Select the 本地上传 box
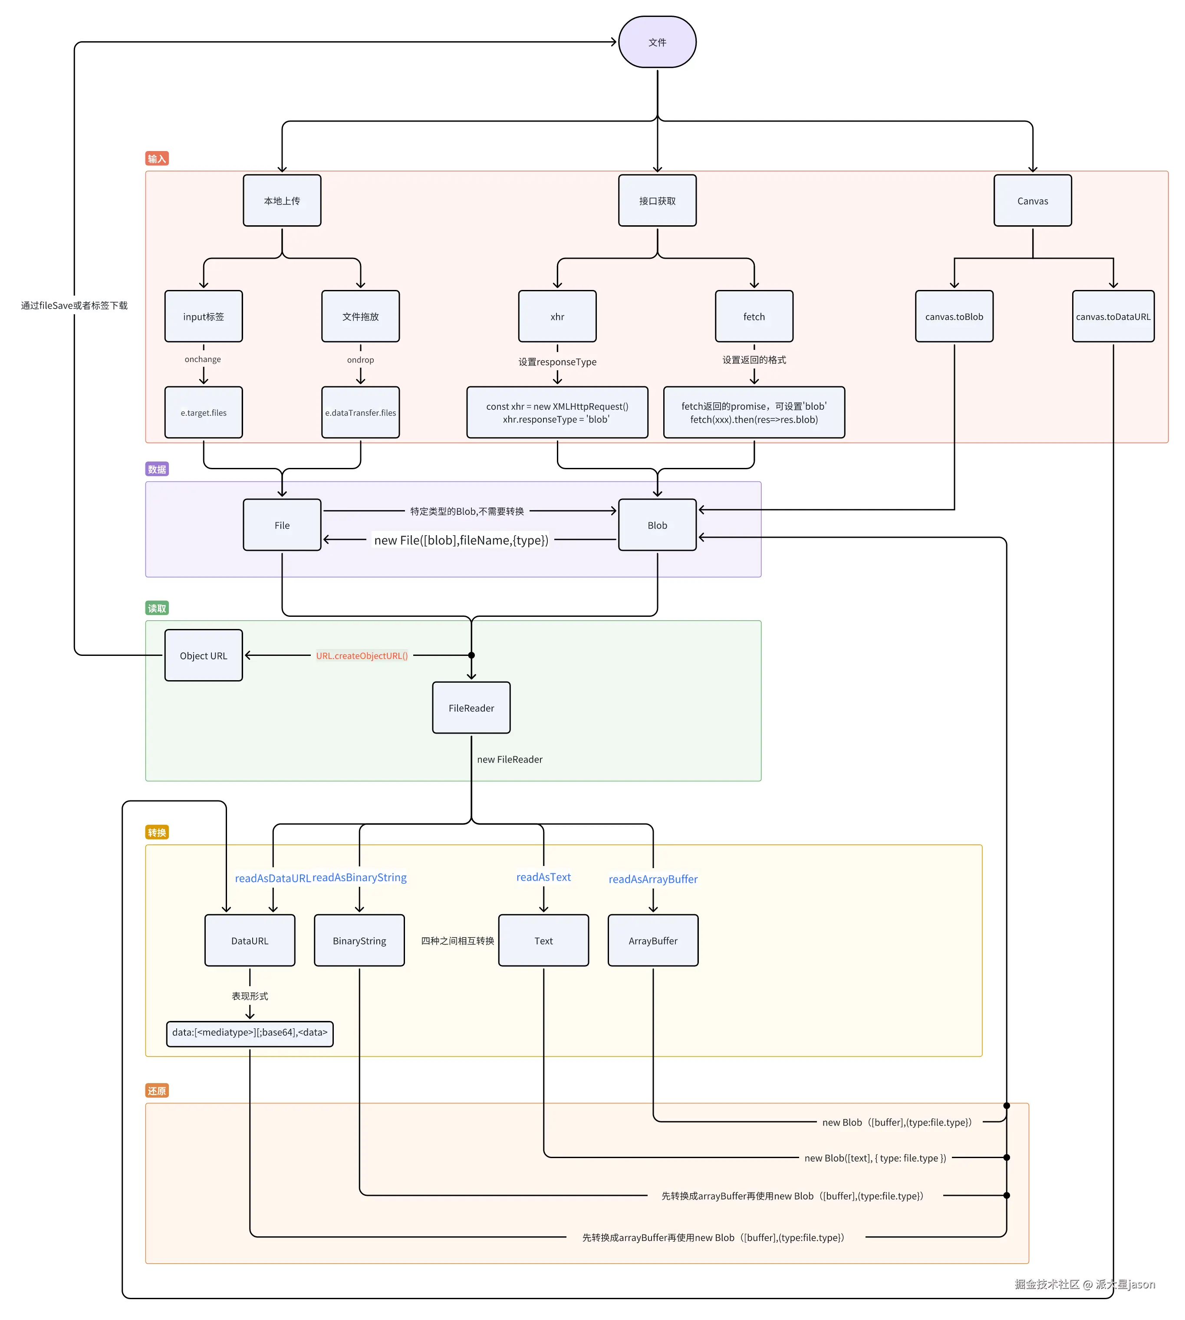click(x=282, y=201)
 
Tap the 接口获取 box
click(x=657, y=201)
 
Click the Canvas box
click(x=1032, y=201)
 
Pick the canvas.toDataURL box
click(x=1113, y=316)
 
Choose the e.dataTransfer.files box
click(x=360, y=412)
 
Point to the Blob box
click(x=657, y=525)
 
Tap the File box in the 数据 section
click(x=282, y=525)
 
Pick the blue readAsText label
click(x=543, y=877)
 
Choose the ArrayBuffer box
click(x=652, y=940)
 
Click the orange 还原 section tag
click(x=156, y=1091)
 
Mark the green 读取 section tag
click(x=156, y=608)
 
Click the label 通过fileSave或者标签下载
click(x=74, y=306)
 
